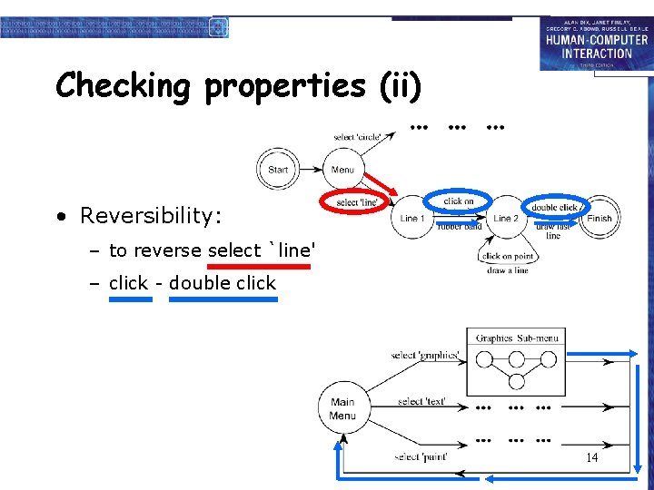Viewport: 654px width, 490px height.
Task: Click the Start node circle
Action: point(278,170)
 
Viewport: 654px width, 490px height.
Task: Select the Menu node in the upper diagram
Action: point(342,170)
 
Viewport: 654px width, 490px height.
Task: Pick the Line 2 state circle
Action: point(506,218)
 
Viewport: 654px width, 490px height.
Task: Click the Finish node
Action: point(599,218)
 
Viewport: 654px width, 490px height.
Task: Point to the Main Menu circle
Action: point(342,408)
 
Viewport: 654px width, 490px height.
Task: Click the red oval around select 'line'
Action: point(357,201)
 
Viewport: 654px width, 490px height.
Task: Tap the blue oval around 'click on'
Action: point(459,201)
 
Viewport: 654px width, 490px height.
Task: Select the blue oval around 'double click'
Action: point(555,207)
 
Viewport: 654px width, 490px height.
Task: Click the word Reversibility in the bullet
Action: point(151,216)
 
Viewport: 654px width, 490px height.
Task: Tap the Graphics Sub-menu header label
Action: point(516,338)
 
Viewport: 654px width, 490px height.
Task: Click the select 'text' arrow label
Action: point(421,401)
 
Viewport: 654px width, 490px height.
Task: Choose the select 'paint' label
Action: point(421,456)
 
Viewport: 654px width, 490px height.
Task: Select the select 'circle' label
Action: point(358,137)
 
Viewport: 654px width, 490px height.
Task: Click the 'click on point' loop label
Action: point(508,256)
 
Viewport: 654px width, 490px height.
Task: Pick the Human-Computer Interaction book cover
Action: point(596,44)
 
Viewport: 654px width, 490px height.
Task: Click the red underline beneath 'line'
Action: point(259,267)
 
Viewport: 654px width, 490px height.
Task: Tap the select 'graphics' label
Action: point(425,355)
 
